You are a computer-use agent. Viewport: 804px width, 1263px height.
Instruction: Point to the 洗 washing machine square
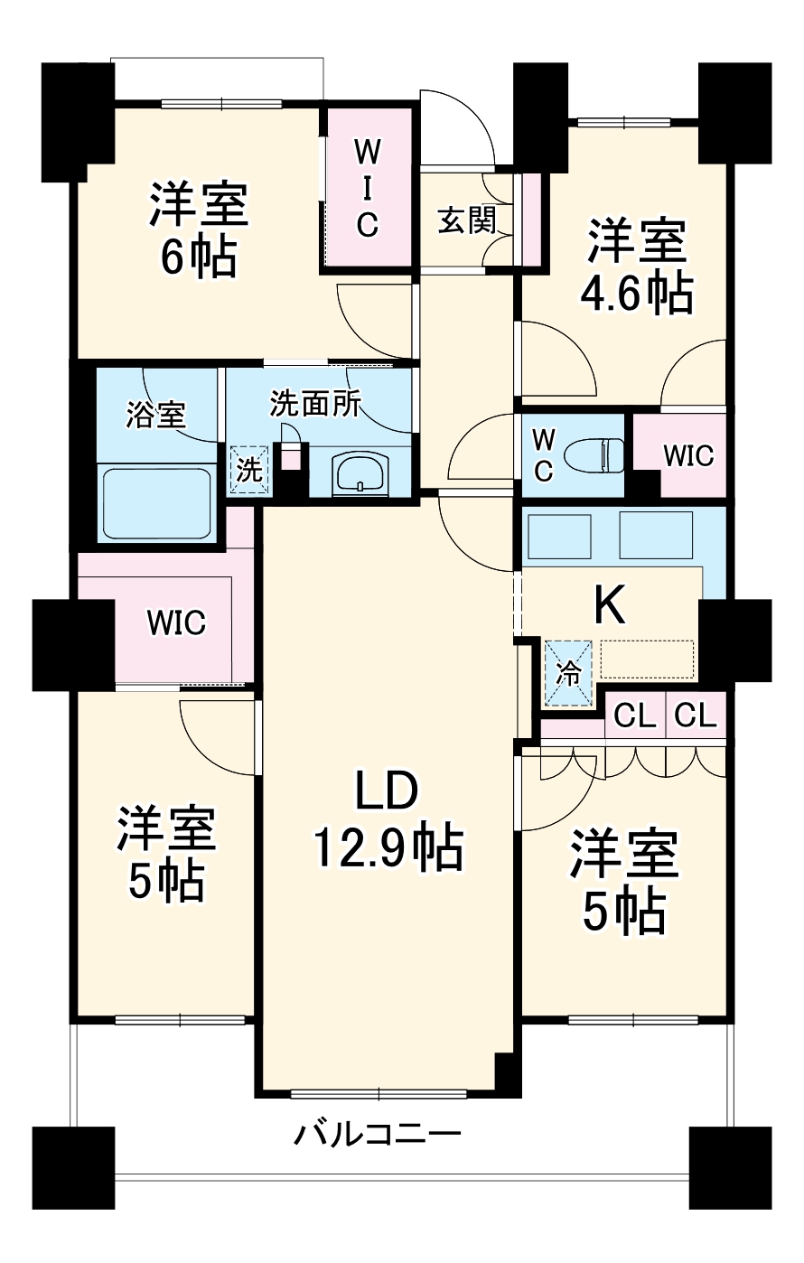tap(248, 470)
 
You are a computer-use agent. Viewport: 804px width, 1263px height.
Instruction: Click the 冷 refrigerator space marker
tap(567, 673)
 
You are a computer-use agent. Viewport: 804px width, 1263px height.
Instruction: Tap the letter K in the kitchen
tap(610, 603)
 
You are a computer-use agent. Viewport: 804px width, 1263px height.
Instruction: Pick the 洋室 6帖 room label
tap(199, 231)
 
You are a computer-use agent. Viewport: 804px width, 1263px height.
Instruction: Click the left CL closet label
tap(634, 716)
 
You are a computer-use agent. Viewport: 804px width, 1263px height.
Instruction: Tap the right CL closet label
tap(696, 716)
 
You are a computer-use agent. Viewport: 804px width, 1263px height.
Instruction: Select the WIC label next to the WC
tap(687, 455)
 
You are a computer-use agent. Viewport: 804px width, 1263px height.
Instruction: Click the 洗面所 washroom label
tap(315, 403)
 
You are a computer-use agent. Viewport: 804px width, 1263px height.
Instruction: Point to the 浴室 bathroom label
tap(155, 416)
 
